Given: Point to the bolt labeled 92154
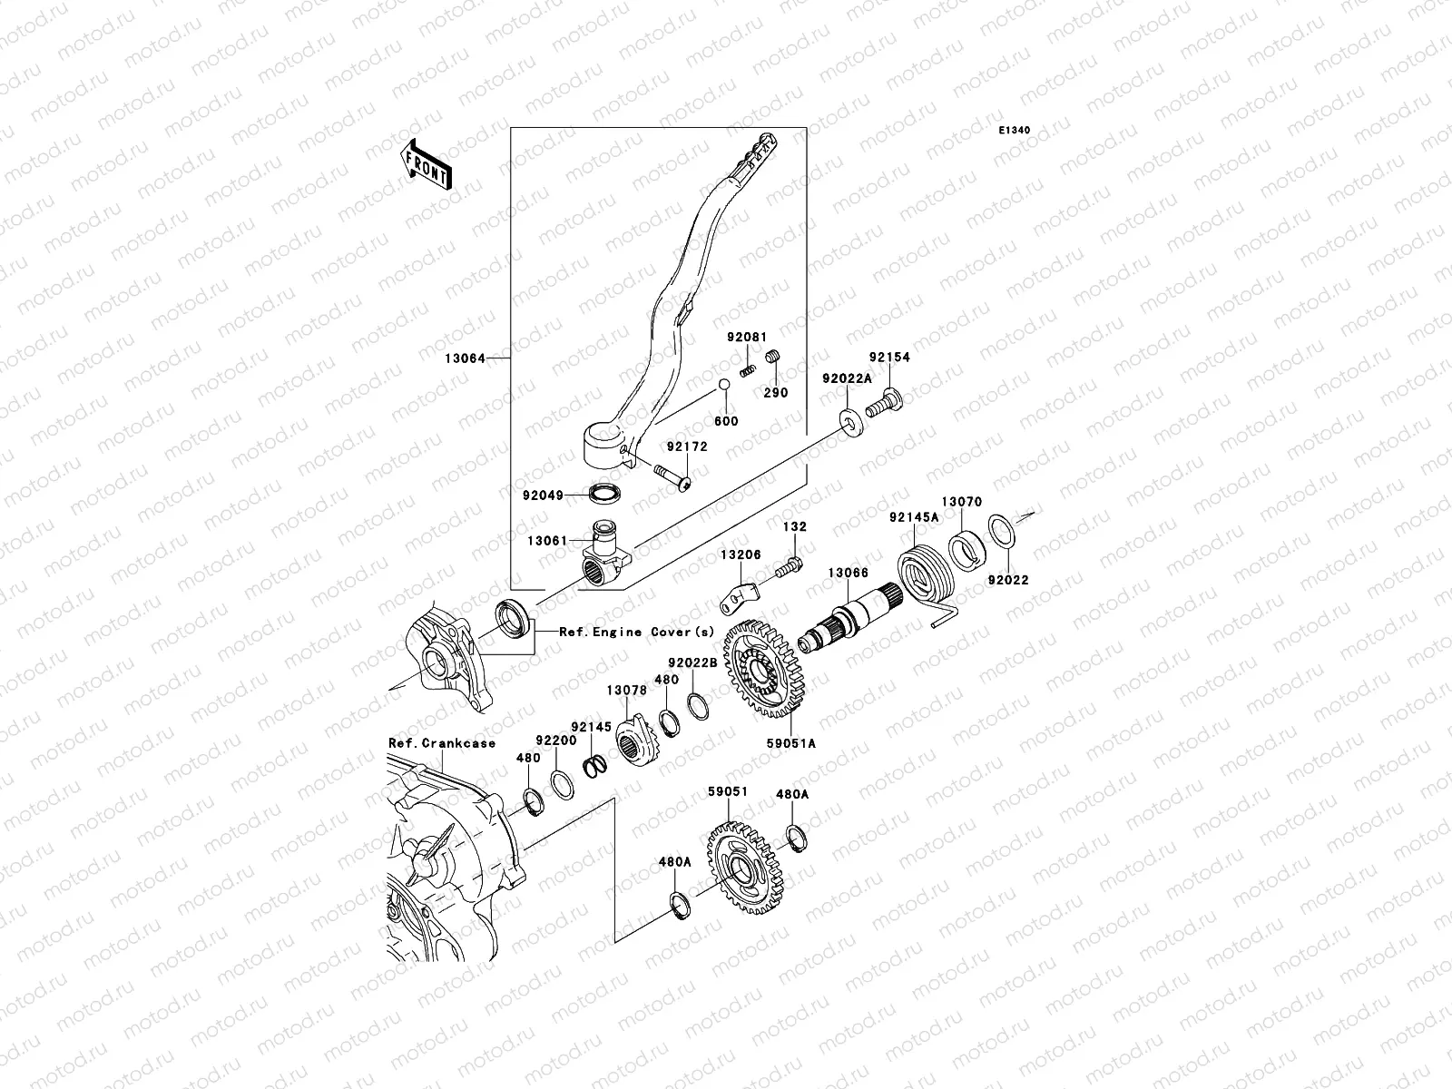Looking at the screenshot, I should tap(881, 402).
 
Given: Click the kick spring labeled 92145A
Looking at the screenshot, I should tap(926, 575).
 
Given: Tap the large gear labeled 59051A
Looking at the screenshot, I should tap(763, 671).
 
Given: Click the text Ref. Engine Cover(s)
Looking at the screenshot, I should tap(636, 632).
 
